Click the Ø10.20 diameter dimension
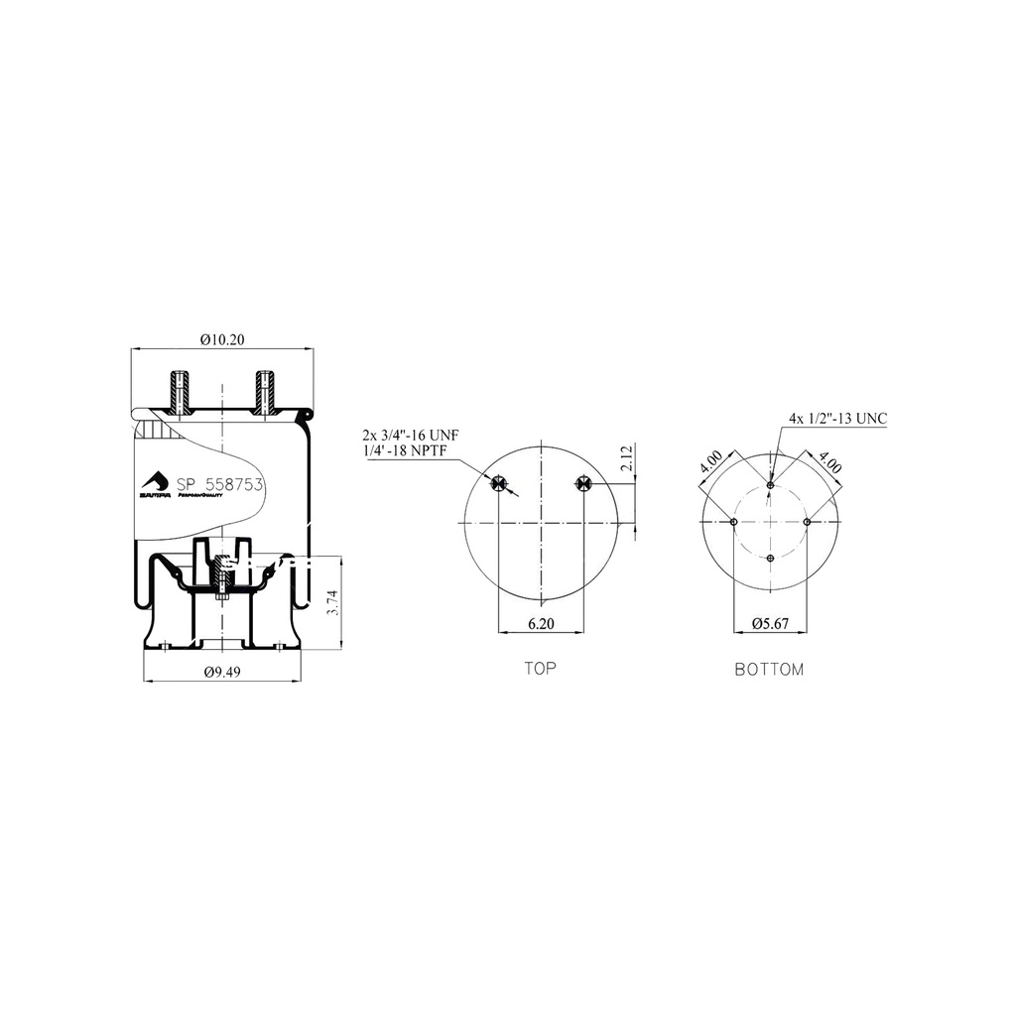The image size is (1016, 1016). point(221,339)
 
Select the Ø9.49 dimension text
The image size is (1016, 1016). point(224,672)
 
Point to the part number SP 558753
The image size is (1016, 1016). point(219,485)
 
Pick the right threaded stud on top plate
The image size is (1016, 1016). point(264,392)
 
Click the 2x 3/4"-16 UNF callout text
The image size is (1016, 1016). point(409,436)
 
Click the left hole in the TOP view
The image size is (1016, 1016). point(499,483)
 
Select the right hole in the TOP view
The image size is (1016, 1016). point(582,483)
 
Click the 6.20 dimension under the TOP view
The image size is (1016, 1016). point(541,624)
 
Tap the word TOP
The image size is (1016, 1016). point(541,669)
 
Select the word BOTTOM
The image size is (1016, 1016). point(769,670)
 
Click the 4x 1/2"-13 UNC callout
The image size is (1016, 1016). point(837,419)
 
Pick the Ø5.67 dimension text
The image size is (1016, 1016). point(770,624)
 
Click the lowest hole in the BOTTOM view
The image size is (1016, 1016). point(771,560)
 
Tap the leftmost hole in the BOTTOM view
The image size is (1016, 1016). point(733,522)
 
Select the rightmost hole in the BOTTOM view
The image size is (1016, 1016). point(808,522)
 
